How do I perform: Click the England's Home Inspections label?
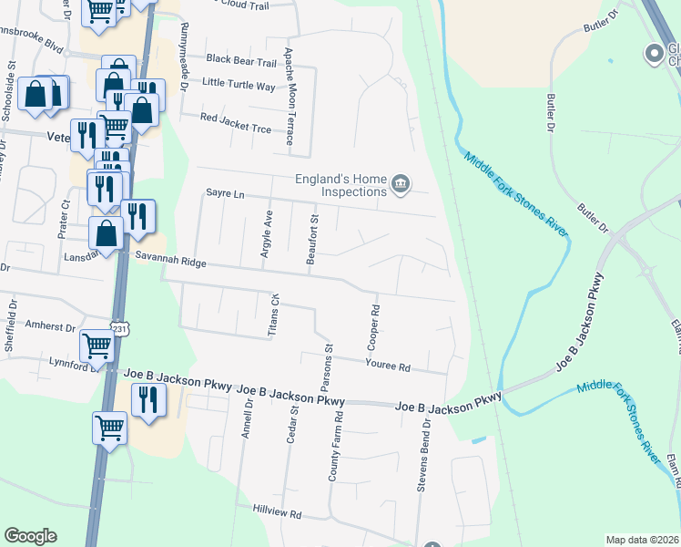point(340,185)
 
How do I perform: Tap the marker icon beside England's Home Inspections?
point(400,185)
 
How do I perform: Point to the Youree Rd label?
point(388,367)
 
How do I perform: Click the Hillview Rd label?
point(277,514)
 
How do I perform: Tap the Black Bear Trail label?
point(240,60)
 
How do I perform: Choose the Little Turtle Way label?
point(239,86)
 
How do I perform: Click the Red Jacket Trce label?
point(236,119)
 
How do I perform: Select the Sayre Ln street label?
point(226,194)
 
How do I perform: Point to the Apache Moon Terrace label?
point(290,97)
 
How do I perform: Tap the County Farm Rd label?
point(336,447)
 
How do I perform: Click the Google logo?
point(31,536)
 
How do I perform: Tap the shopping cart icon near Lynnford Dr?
point(97,345)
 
